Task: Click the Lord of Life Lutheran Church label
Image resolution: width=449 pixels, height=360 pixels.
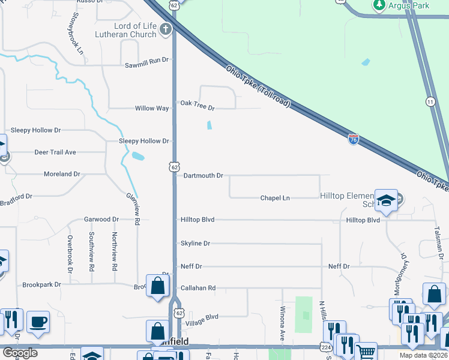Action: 135,30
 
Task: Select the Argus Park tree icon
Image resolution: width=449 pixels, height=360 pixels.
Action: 379,5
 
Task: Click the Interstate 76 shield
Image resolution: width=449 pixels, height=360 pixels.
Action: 354,139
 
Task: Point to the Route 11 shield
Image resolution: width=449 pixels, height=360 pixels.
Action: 430,101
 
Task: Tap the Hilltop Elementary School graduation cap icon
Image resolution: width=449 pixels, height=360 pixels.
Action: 387,200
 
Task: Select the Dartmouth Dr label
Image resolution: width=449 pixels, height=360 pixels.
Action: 203,176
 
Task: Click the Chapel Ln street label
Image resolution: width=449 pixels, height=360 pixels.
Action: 275,198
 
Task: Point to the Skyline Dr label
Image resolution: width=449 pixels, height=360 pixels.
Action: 195,244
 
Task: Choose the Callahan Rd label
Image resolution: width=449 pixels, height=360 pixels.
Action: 197,288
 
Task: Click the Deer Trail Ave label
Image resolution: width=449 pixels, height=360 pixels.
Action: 55,152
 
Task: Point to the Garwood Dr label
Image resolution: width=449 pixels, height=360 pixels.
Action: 97,220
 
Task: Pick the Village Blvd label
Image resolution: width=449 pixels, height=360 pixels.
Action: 202,317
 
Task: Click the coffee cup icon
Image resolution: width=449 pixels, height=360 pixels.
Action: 38,322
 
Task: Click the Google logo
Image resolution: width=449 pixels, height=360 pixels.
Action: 20,353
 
